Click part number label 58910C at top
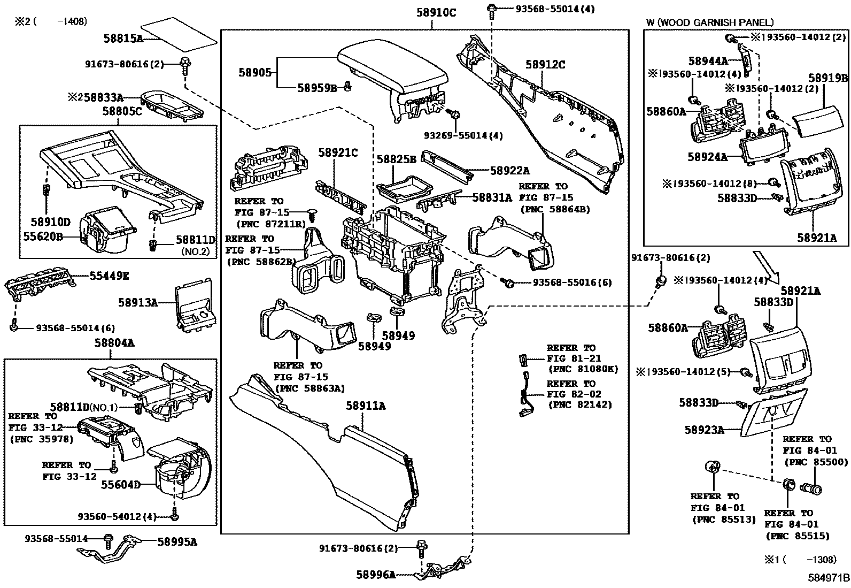[436, 12]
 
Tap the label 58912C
[545, 65]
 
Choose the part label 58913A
[137, 302]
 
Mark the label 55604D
[121, 485]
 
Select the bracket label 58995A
[177, 542]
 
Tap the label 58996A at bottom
[376, 575]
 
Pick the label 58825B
[396, 159]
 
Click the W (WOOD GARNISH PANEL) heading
[709, 22]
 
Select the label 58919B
[827, 78]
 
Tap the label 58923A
[704, 429]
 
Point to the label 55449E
[109, 276]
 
